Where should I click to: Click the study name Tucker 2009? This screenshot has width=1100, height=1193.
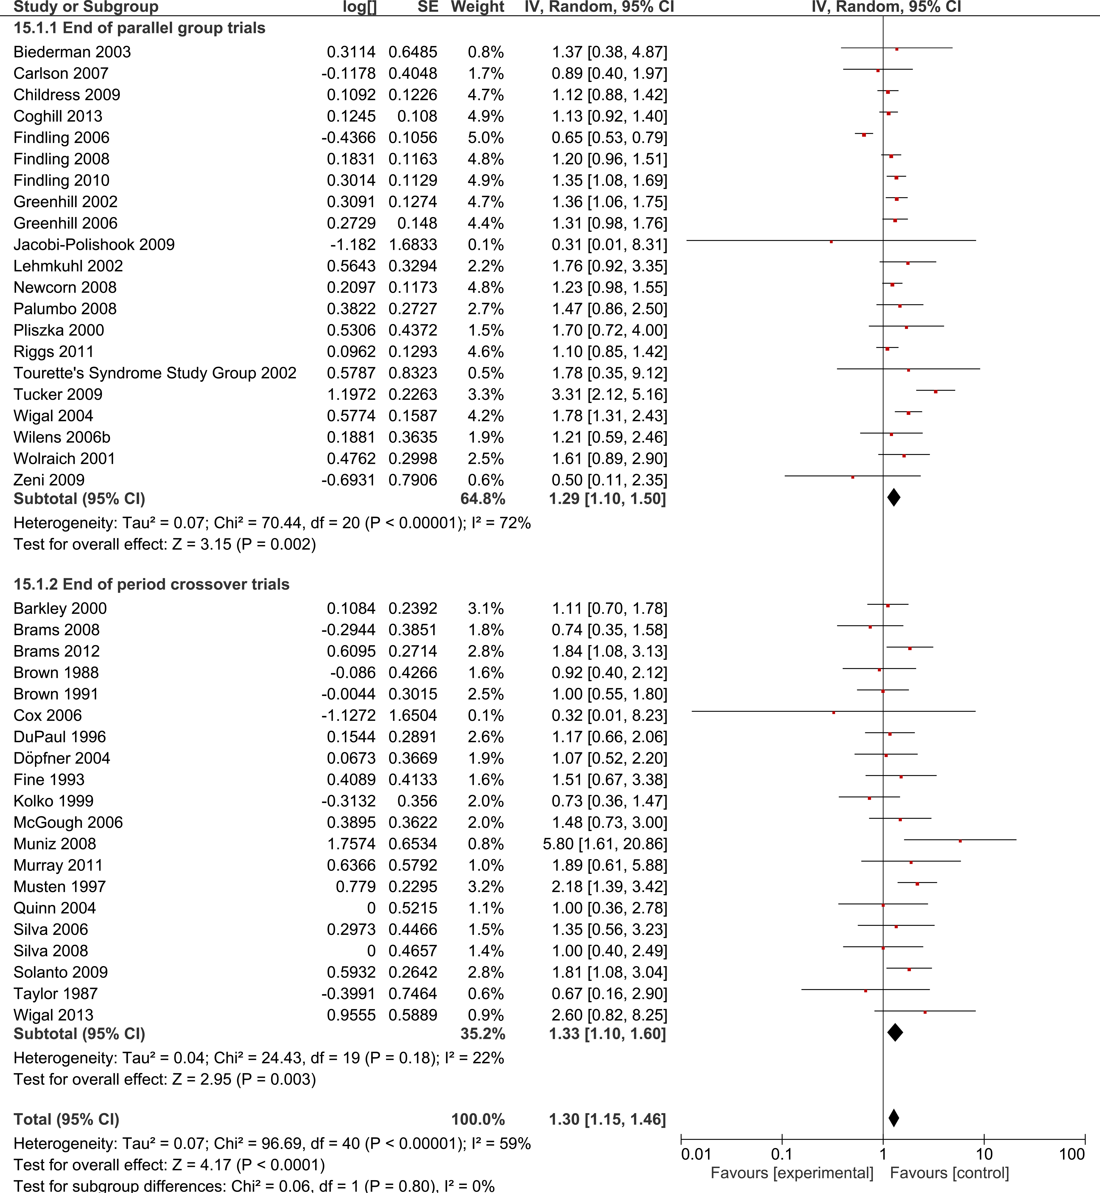coord(58,394)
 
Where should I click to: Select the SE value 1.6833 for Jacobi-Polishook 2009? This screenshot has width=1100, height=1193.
coord(412,244)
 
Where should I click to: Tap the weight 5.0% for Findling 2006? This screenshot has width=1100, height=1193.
coord(486,137)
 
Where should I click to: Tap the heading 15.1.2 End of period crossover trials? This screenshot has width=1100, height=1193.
coord(151,584)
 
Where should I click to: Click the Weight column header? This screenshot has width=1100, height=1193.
coord(477,7)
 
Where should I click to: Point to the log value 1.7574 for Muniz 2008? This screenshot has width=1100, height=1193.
coord(351,844)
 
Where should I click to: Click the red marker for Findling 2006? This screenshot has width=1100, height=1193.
coord(864,135)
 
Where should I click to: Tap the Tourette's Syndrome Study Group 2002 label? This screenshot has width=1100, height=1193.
coord(155,373)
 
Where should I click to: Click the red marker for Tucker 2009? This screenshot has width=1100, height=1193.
coord(936,392)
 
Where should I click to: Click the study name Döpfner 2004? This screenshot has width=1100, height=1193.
coord(62,758)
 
